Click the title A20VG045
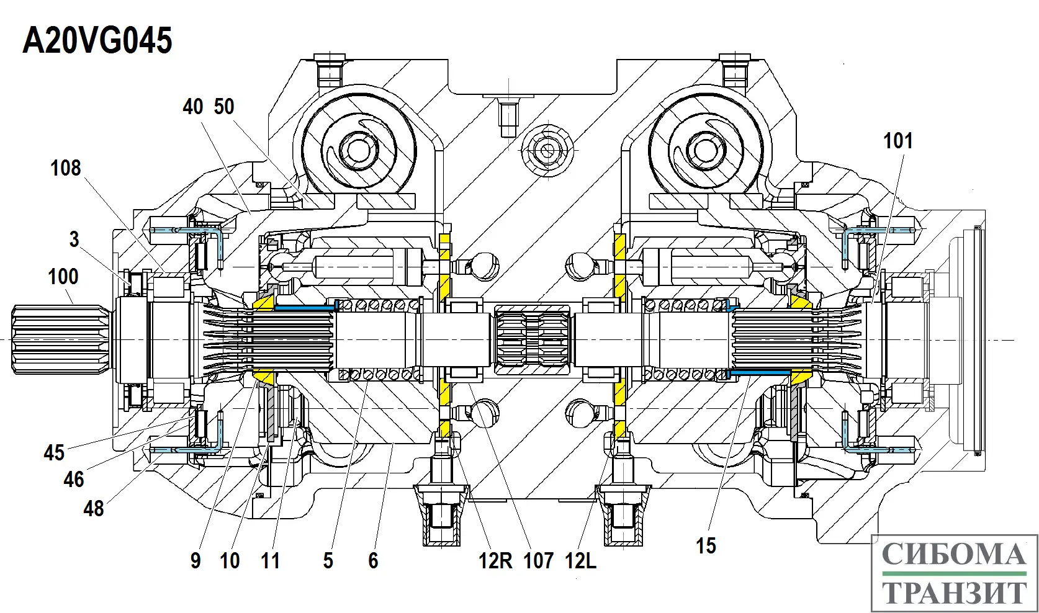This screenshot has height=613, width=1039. [x=97, y=41]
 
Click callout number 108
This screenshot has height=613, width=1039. [x=65, y=168]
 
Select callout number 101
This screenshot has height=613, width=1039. [x=897, y=141]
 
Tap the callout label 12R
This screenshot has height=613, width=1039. [x=495, y=561]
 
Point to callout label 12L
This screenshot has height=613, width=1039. [x=580, y=561]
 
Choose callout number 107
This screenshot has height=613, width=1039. [x=538, y=561]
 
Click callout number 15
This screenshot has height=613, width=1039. [x=706, y=546]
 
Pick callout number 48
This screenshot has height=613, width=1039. [x=94, y=509]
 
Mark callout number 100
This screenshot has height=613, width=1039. [x=63, y=277]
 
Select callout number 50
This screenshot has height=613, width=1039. [x=224, y=107]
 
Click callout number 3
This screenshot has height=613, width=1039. [x=74, y=239]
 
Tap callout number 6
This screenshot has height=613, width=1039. [x=373, y=561]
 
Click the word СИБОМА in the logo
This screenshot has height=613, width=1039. [x=953, y=554]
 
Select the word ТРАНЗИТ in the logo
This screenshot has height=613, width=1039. [x=955, y=592]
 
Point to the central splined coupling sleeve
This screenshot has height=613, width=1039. [x=533, y=339]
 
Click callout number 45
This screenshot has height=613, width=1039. [x=54, y=453]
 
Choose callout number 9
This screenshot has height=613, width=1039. [x=196, y=561]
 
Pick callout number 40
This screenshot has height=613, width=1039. [x=193, y=107]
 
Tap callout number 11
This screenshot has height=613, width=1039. [x=270, y=561]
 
